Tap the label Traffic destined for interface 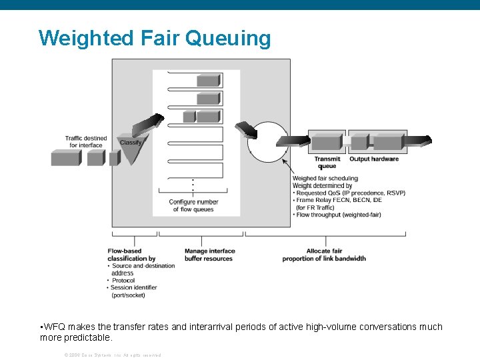[x=86, y=141]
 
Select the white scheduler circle [x=267, y=141]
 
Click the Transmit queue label [x=327, y=162]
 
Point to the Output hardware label [x=374, y=159]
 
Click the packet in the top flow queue [x=208, y=81]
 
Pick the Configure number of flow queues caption [x=193, y=205]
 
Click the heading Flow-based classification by [x=131, y=255]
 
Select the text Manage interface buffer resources [x=209, y=255]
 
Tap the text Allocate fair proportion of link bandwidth [x=324, y=255]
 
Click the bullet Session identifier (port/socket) [x=133, y=291]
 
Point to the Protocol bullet [x=123, y=281]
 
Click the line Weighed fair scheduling [x=325, y=178]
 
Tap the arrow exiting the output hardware [x=419, y=141]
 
